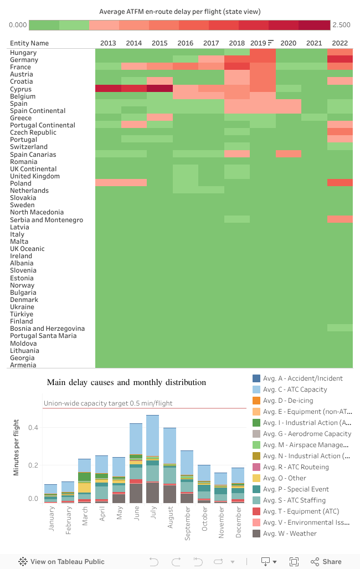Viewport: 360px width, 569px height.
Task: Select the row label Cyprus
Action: point(20,89)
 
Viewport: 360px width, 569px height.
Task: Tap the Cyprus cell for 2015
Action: point(160,89)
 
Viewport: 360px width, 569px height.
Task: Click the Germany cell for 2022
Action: point(340,60)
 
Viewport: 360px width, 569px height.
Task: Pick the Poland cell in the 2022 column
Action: point(340,183)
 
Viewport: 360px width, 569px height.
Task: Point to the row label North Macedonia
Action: point(37,212)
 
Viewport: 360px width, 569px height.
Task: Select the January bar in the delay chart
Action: point(51,494)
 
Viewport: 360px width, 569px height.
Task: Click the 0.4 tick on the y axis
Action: point(33,428)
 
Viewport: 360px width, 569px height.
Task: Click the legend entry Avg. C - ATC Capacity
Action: point(295,389)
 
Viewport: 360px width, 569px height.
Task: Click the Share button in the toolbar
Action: point(326,561)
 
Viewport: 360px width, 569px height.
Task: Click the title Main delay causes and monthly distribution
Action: point(126,382)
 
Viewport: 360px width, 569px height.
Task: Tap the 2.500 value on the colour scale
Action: point(342,25)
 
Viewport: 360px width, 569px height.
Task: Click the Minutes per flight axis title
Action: point(17,447)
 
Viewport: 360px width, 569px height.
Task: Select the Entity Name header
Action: point(29,43)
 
